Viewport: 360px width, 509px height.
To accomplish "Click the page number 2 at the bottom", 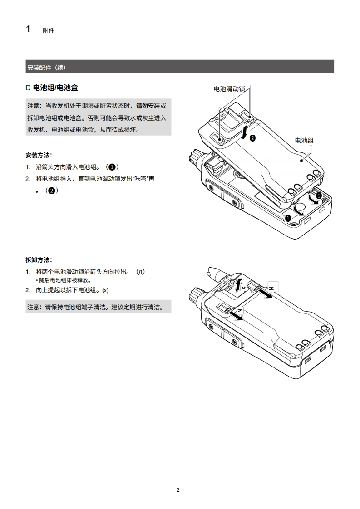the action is pos(178,489).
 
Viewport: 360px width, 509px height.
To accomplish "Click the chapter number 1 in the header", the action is pos(28,29).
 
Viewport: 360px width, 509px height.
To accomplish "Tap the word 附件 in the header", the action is pos(49,30).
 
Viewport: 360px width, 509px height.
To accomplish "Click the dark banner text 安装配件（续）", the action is pos(46,67).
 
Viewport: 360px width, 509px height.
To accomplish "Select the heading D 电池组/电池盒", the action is pos(55,88).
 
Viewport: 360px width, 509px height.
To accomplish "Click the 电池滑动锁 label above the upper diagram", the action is pos(229,89).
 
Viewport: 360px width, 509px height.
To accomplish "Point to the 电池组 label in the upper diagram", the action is pos(304,141).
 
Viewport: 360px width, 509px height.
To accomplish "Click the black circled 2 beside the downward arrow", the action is pos(253,137).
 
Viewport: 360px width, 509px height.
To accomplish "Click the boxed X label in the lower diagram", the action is pos(244,288).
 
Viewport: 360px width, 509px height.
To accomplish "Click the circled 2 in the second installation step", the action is pos(52,191).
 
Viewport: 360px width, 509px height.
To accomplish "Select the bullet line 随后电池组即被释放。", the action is pos(65,280).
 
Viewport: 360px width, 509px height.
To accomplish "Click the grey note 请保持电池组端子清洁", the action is pos(99,307).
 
